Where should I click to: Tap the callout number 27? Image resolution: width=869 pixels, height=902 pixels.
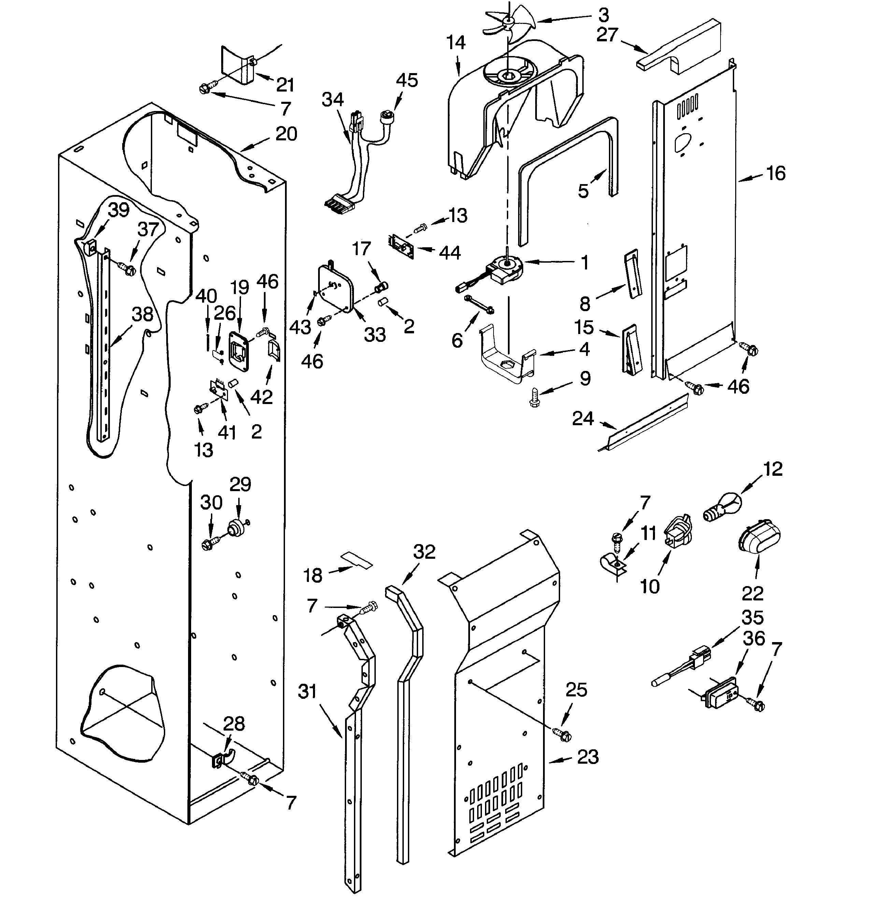607,34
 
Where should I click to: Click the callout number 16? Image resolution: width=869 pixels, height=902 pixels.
775,174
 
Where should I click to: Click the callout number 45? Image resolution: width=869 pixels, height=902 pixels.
407,80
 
